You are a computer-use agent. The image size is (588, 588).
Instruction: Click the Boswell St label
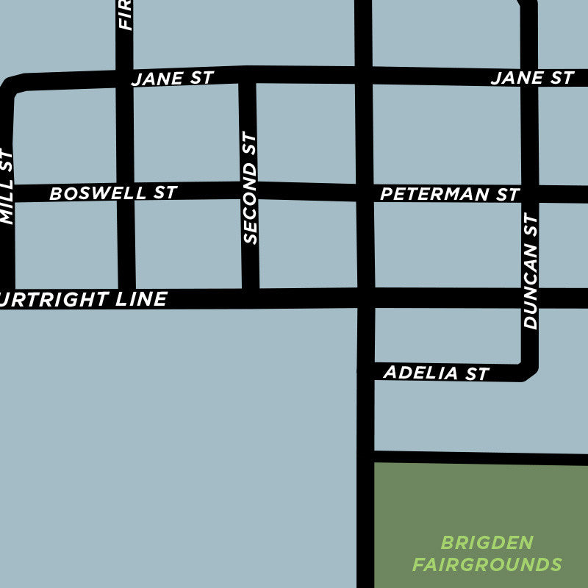[x=112, y=193]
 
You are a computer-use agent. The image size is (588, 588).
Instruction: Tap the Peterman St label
[x=449, y=195]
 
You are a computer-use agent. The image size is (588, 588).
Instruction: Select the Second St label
[x=251, y=188]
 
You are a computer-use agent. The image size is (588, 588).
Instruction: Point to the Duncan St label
[x=531, y=271]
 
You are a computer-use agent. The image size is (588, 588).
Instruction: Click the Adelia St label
[x=435, y=373]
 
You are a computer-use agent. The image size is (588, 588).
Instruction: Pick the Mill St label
[x=7, y=187]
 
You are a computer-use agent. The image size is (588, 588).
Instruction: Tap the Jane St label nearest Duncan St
[x=531, y=78]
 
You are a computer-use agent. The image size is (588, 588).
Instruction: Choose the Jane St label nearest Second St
[x=172, y=79]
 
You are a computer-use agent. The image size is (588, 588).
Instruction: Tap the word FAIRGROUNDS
[x=487, y=565]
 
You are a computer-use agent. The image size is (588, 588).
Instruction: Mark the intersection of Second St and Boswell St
[x=249, y=191]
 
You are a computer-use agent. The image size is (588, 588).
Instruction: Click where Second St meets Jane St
[x=247, y=76]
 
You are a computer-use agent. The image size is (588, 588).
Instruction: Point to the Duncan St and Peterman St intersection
[x=530, y=194]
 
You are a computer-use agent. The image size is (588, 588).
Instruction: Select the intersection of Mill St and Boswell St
[x=8, y=193]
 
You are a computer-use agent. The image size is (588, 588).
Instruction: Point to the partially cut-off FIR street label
[x=125, y=15]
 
